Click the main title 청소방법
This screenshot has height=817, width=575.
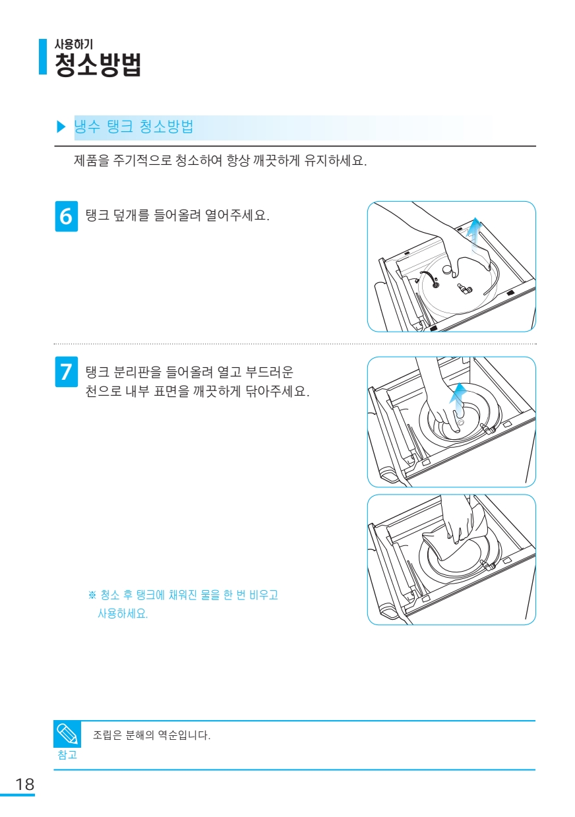coord(98,65)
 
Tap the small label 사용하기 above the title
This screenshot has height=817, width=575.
coord(73,44)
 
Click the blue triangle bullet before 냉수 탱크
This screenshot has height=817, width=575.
coord(61,127)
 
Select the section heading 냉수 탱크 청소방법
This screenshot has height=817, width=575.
coord(134,127)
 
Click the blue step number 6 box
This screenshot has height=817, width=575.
coord(67,216)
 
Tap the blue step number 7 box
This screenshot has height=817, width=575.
coord(67,372)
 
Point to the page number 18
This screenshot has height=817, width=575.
coord(25,784)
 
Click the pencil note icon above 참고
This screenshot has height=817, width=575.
coord(67,734)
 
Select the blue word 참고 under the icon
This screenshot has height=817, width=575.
coord(67,754)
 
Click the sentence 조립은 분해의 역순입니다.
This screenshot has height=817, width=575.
coord(152,735)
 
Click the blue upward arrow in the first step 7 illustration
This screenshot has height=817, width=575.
coord(460,399)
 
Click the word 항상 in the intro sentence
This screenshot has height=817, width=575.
coord(238,160)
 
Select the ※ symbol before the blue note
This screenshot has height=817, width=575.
coord(92,595)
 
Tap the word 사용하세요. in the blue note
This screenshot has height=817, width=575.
coord(123,614)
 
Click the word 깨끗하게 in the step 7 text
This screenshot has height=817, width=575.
coord(218,392)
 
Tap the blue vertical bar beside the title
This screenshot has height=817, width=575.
coord(43,57)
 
